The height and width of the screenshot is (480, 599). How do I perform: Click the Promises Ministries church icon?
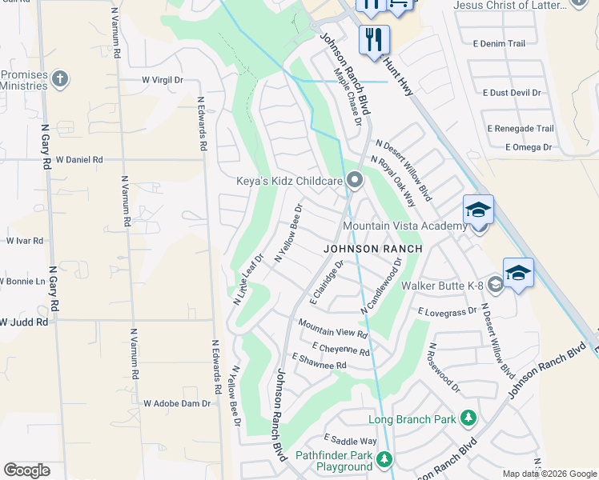(x=60, y=79)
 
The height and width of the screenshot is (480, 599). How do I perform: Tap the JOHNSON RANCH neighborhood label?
(x=372, y=249)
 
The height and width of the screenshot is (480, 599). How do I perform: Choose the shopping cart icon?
(x=398, y=6)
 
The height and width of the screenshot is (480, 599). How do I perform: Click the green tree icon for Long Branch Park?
(x=468, y=418)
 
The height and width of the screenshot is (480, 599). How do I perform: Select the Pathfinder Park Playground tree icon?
(x=385, y=459)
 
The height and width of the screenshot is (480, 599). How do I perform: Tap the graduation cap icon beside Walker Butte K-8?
(x=518, y=272)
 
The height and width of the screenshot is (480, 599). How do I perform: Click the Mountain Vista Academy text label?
(x=404, y=226)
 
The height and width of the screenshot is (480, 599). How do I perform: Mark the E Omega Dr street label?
(x=529, y=147)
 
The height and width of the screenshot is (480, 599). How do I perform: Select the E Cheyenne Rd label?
(x=342, y=350)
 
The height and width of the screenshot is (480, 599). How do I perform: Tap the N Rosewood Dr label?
(x=444, y=368)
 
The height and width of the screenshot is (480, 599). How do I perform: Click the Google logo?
(x=26, y=470)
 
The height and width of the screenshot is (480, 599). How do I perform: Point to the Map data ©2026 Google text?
(x=549, y=474)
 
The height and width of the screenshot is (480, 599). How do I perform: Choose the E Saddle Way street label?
(x=350, y=440)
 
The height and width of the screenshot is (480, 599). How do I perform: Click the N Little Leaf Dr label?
(x=248, y=280)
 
